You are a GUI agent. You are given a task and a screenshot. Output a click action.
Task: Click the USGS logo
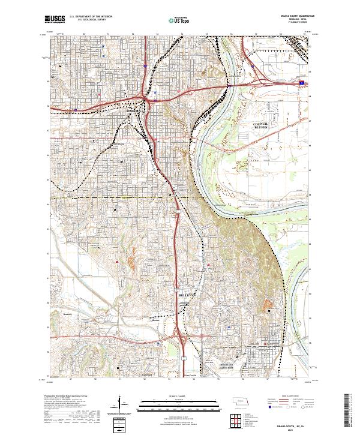pyautogui.click(x=55, y=19)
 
